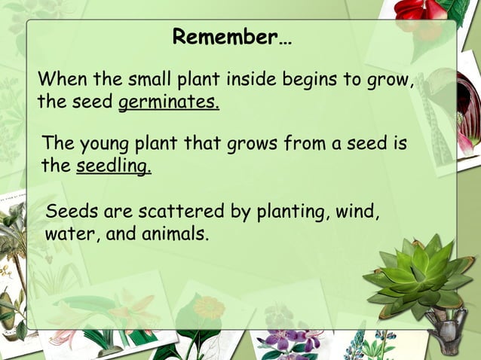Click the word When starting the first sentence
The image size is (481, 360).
[x=62, y=79]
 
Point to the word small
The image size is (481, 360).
[x=148, y=79]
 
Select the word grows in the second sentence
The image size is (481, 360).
[x=251, y=145]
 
